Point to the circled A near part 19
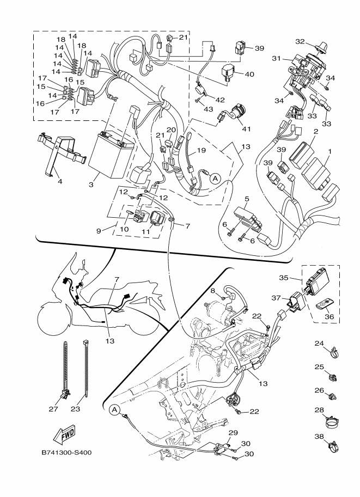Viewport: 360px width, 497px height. (215, 177)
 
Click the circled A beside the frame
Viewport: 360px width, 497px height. (114, 409)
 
